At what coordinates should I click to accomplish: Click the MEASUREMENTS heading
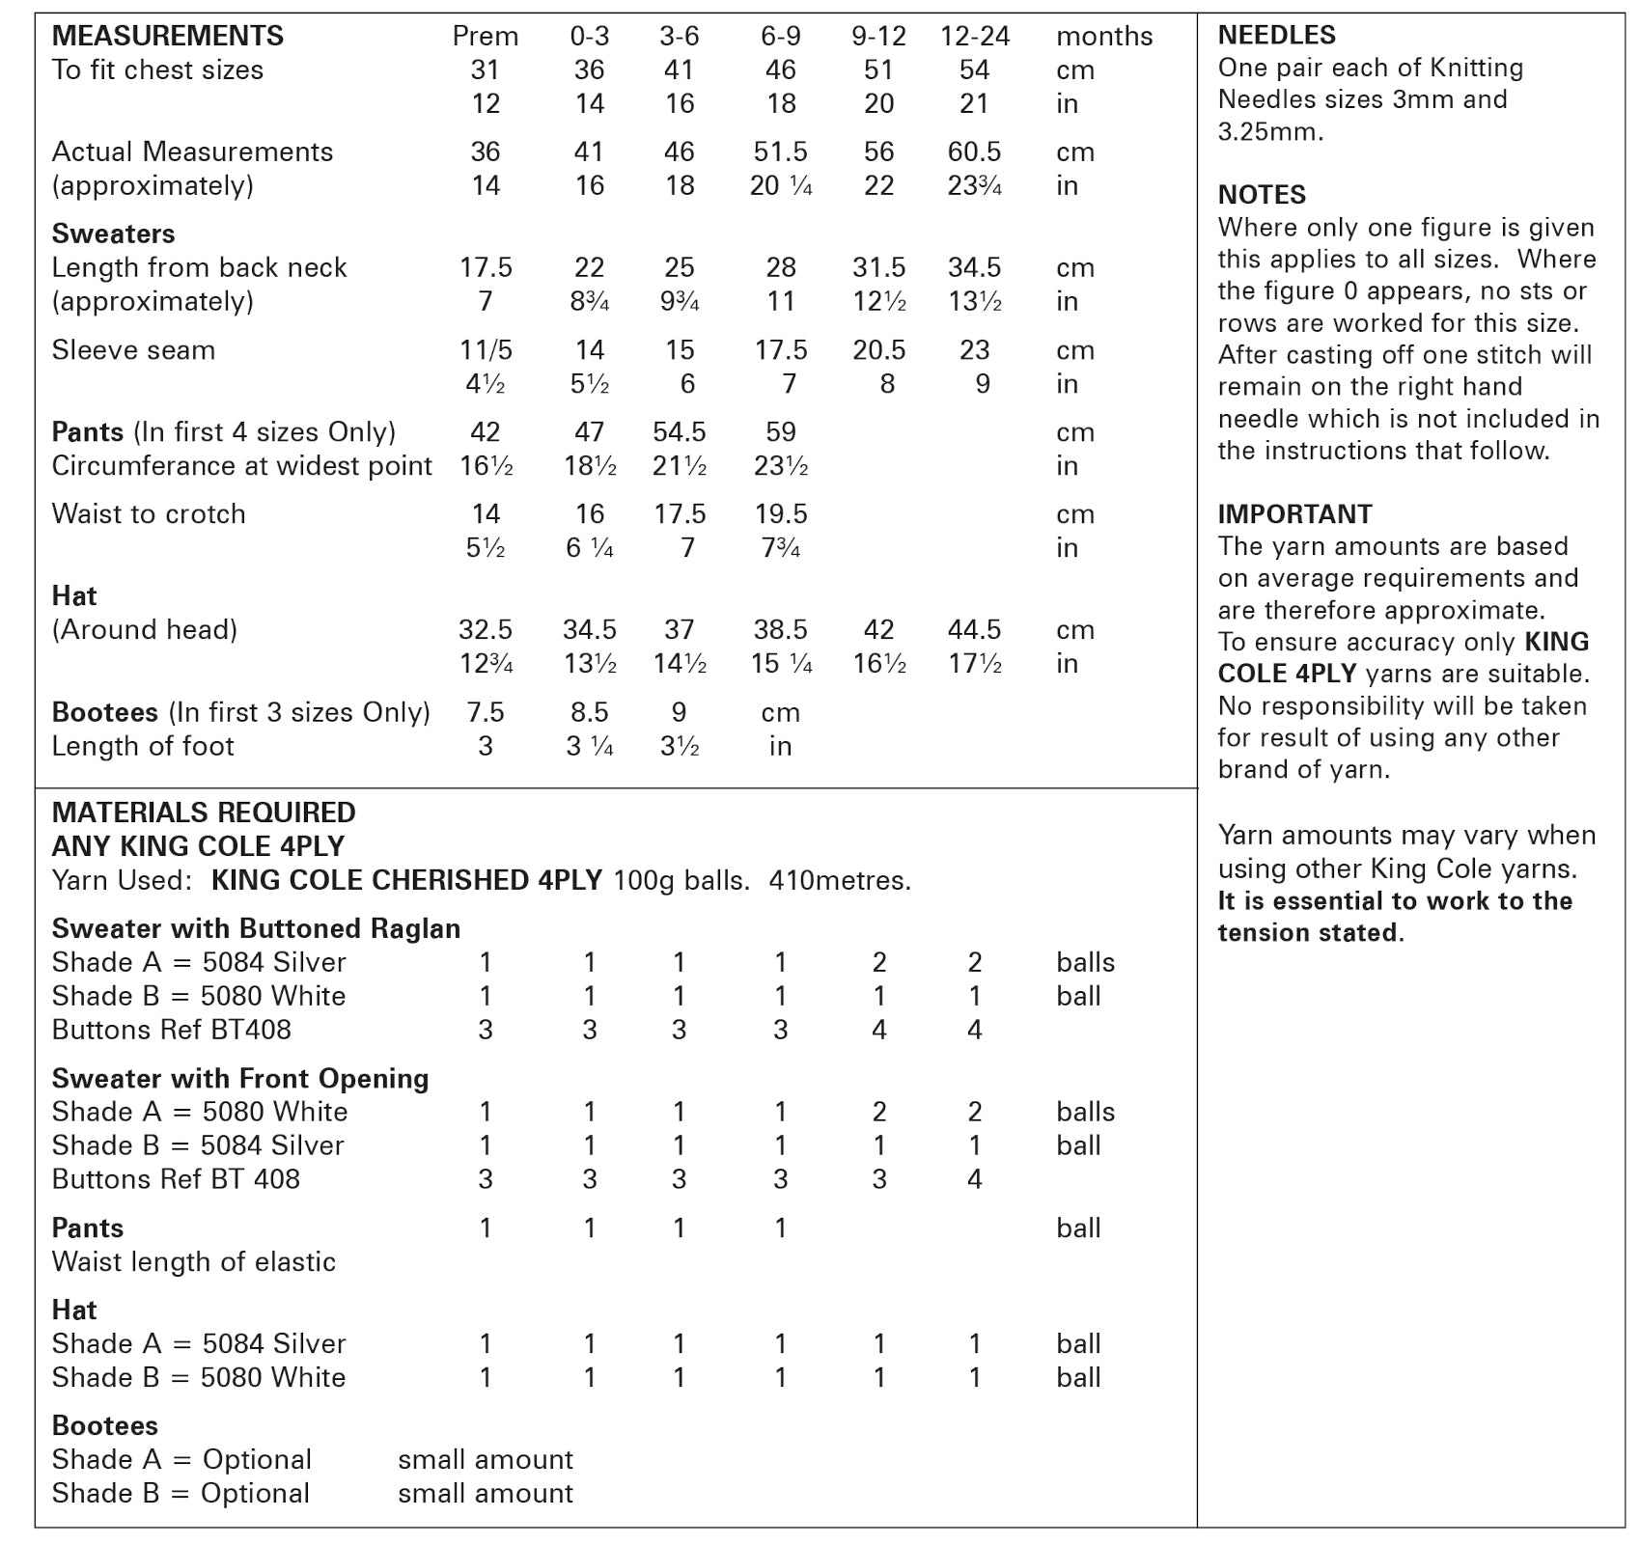(x=167, y=36)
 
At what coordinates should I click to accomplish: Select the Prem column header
(x=485, y=37)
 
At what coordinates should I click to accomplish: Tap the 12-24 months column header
(x=974, y=37)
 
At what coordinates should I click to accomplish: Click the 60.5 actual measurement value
(x=974, y=152)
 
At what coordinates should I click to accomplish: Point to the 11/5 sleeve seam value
(x=485, y=349)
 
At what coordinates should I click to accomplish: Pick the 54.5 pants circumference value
(x=679, y=431)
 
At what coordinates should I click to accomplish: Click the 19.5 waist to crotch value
(x=780, y=513)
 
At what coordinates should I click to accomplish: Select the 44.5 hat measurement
(x=974, y=629)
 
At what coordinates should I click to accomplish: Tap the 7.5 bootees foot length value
(x=485, y=712)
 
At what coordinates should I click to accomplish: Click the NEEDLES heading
(x=1276, y=35)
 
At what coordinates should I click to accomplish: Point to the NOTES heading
(x=1261, y=195)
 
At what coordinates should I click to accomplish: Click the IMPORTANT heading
(x=1293, y=514)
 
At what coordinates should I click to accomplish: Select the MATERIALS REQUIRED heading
(x=203, y=813)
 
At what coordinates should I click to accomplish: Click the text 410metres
(x=839, y=880)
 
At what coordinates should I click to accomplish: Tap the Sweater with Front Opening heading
(x=239, y=1078)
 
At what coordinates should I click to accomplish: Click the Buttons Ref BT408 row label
(x=171, y=1030)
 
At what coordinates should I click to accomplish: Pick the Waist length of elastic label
(x=193, y=1261)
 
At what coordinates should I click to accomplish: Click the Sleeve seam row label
(x=133, y=349)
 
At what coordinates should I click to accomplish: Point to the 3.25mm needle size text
(x=1269, y=131)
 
